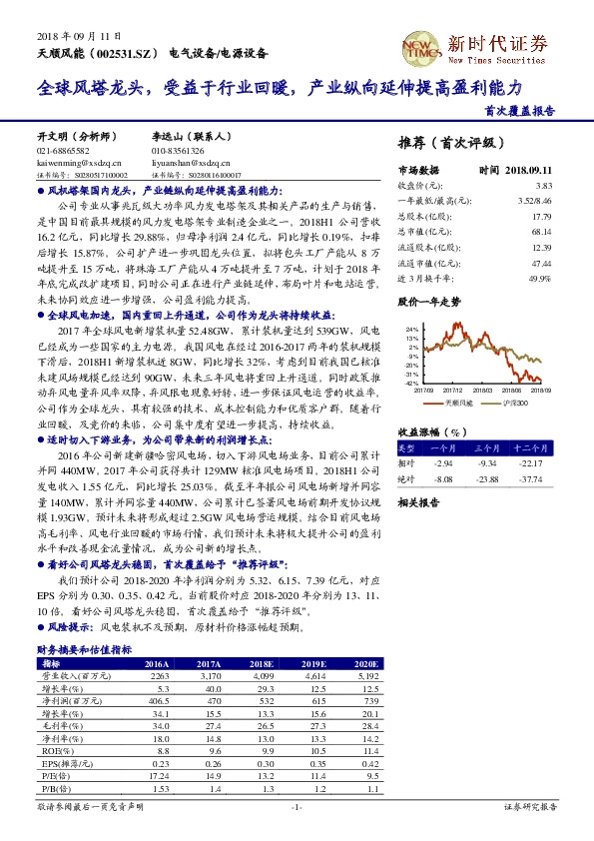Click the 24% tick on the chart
(409, 328)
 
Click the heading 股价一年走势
(429, 301)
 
